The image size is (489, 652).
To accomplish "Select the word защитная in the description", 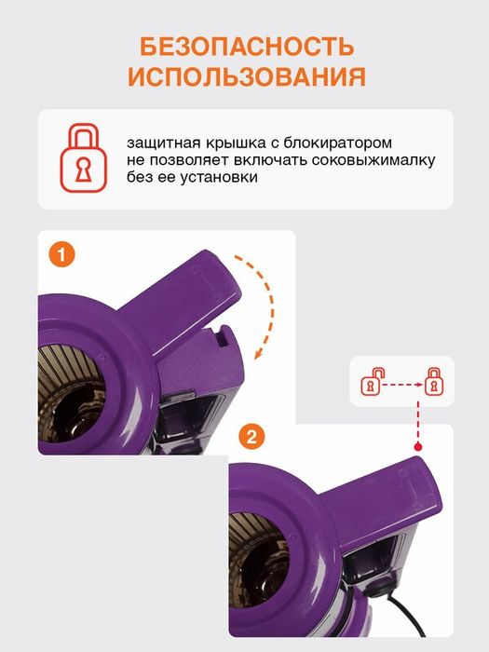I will click(x=167, y=143).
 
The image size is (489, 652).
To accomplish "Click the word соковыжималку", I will click(x=377, y=159).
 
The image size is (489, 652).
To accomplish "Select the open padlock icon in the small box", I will click(x=370, y=381).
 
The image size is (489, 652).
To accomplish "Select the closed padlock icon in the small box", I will click(x=433, y=381).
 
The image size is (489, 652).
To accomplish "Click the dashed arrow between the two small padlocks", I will click(x=401, y=382).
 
